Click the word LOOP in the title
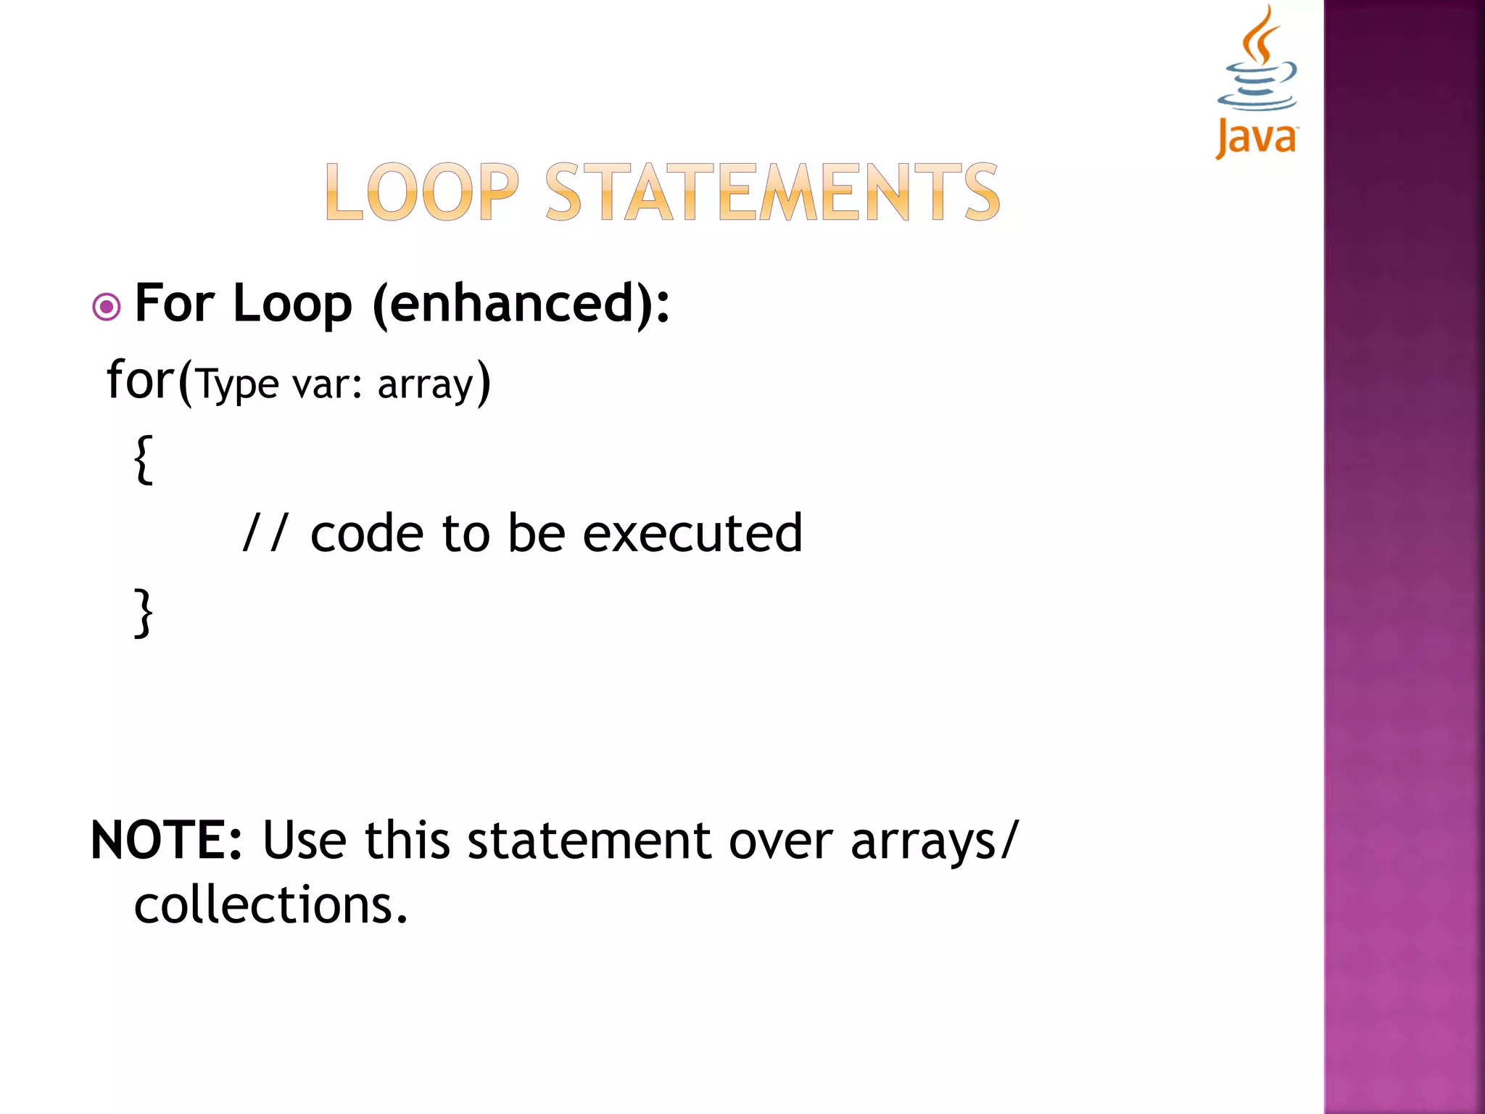422,192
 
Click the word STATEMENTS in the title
772,192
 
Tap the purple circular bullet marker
107,307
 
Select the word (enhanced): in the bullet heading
521,304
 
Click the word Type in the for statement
238,384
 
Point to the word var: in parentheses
326,384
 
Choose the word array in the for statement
425,384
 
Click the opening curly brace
144,459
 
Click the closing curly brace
144,613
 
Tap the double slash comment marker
265,533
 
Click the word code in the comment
367,533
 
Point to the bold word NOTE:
166,841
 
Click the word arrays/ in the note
935,842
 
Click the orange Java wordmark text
1257,138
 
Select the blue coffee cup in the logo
1258,87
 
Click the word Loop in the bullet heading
292,304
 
